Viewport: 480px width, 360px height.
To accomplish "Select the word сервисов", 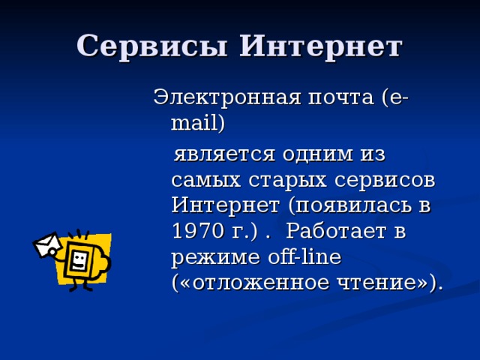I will (382, 180).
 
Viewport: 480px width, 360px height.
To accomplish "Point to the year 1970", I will (196, 232).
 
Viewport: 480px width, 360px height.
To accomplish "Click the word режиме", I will (212, 257).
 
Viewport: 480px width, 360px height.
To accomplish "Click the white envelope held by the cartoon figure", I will (47, 244).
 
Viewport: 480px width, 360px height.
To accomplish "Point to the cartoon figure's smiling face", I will (79, 259).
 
